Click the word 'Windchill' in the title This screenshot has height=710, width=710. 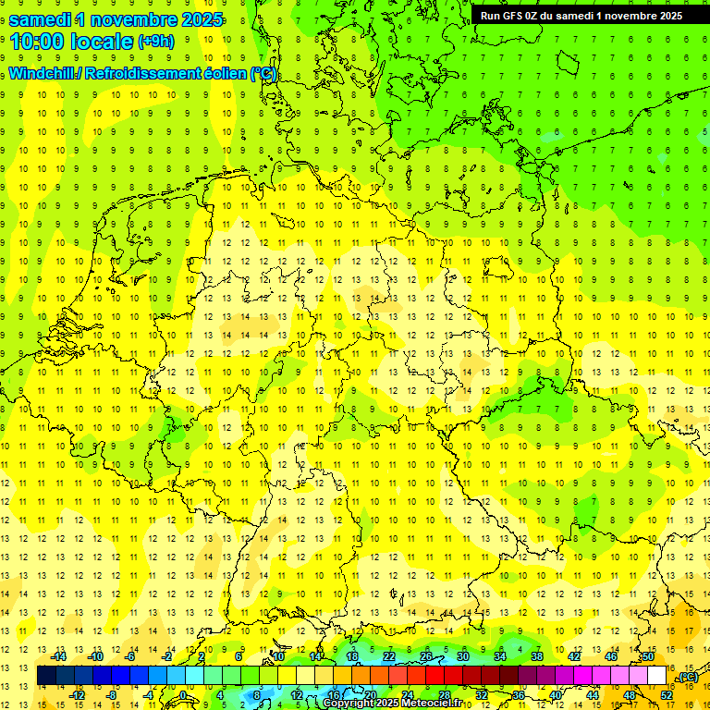pyautogui.click(x=43, y=74)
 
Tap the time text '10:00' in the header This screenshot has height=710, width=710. pyautogui.click(x=39, y=42)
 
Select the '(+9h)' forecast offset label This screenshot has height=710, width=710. pyautogui.click(x=155, y=42)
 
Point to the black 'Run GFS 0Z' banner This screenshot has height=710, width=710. pyautogui.click(x=581, y=15)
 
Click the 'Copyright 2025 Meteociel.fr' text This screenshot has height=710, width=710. pyautogui.click(x=396, y=704)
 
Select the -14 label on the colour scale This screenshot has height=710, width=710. pyautogui.click(x=60, y=656)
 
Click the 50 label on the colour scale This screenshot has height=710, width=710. pyautogui.click(x=647, y=656)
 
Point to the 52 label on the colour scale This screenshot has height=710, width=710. pyautogui.click(x=666, y=695)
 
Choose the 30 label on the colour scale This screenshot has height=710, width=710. pyautogui.click(x=463, y=656)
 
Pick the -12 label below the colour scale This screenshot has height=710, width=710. pyautogui.click(x=78, y=695)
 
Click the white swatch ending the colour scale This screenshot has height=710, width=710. pyautogui.click(x=657, y=676)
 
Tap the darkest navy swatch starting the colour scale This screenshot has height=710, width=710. pyautogui.click(x=46, y=676)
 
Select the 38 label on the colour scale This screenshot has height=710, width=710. pyautogui.click(x=537, y=656)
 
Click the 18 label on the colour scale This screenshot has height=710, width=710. pyautogui.click(x=351, y=656)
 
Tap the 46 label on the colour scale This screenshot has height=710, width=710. pyautogui.click(x=610, y=656)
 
